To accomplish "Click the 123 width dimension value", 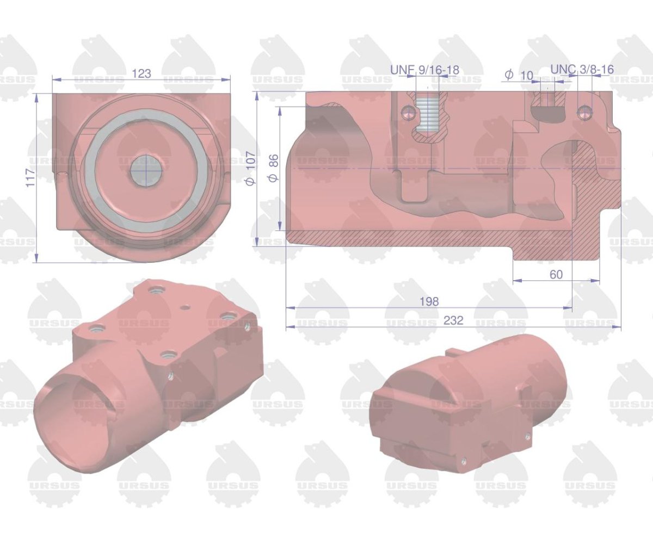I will [141, 73].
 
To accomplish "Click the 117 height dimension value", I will [30, 178].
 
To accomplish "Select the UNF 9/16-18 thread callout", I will [424, 70].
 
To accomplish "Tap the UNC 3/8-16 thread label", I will [582, 70].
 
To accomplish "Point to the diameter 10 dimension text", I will [520, 75].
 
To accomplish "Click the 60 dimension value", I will [556, 275].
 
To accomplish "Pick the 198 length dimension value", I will [429, 301].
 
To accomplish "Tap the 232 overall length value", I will [453, 321].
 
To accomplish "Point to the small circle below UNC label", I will [585, 112].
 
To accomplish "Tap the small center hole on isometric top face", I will [186, 307].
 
